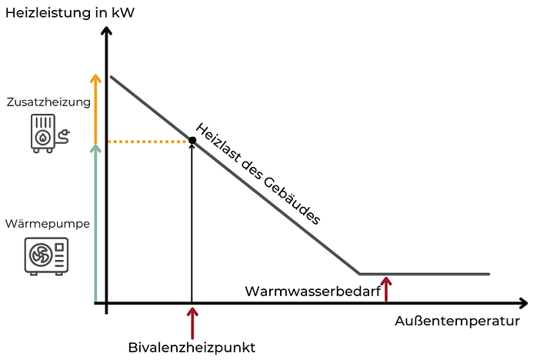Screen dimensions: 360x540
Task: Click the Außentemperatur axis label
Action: click(458, 321)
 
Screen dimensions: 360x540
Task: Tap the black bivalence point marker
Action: click(192, 141)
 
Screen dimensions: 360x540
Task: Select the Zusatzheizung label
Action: click(48, 102)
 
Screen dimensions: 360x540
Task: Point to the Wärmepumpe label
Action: click(47, 224)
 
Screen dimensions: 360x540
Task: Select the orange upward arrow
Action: click(95, 108)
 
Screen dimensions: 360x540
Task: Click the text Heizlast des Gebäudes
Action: click(257, 174)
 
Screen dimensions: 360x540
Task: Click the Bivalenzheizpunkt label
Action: click(191, 347)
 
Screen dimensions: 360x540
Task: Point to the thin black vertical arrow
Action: click(192, 231)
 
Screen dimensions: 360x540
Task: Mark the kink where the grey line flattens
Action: click(359, 273)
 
